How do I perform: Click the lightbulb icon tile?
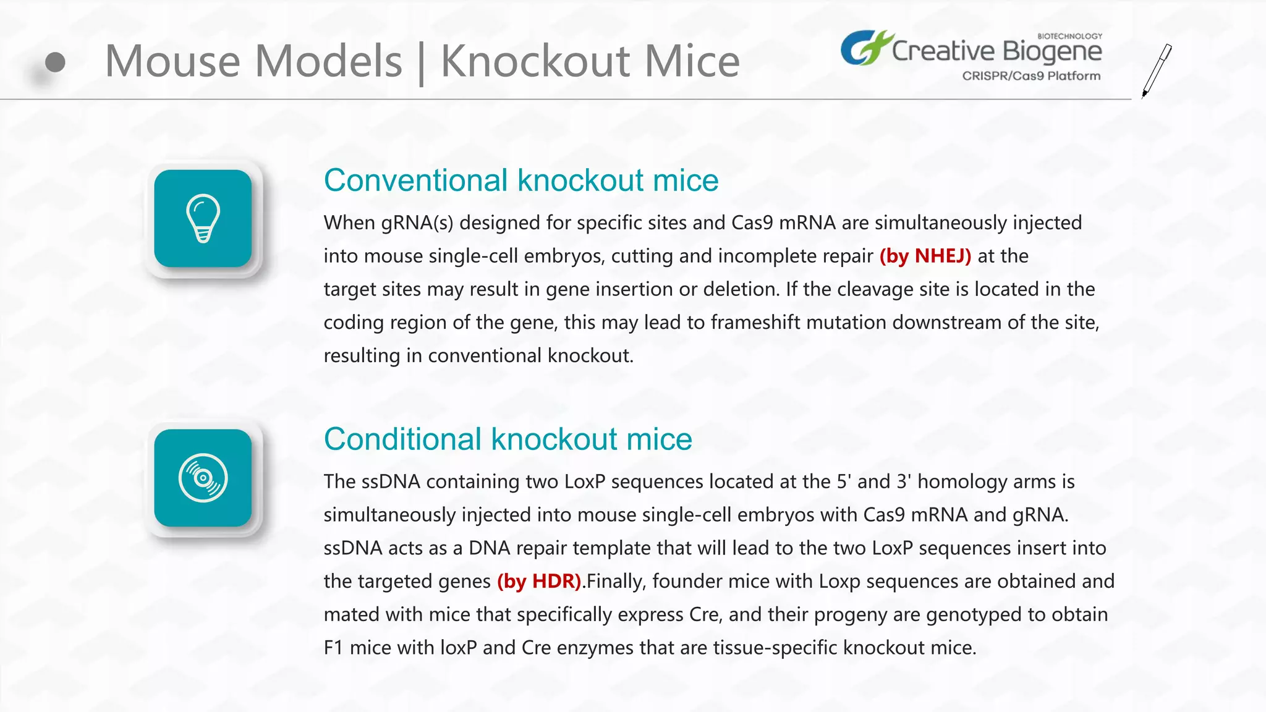(x=203, y=218)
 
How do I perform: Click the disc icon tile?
(x=203, y=478)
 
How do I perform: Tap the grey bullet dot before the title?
(x=55, y=62)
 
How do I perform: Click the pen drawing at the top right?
(x=1157, y=70)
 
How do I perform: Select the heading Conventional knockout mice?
(x=520, y=180)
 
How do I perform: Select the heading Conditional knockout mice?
(x=508, y=439)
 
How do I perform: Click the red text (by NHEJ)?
(x=925, y=256)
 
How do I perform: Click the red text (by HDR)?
(x=539, y=581)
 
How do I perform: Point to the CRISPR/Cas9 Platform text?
(x=1031, y=76)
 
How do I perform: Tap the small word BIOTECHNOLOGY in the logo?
(x=1069, y=36)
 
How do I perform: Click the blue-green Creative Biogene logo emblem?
(x=864, y=48)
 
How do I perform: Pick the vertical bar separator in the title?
(x=421, y=63)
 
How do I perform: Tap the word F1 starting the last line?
(x=333, y=648)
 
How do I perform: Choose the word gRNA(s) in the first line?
(x=417, y=223)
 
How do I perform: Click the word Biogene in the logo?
(x=1051, y=51)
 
